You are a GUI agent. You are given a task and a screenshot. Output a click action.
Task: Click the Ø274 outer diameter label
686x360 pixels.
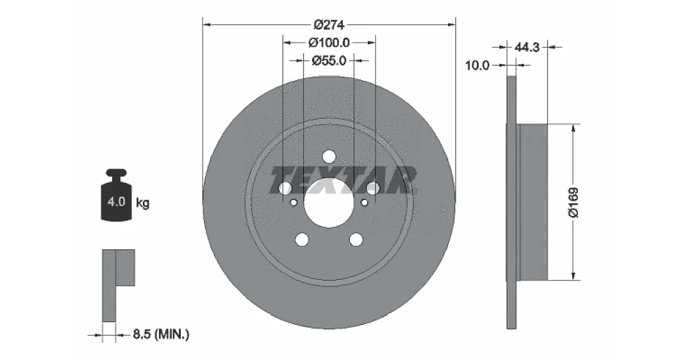tap(329, 25)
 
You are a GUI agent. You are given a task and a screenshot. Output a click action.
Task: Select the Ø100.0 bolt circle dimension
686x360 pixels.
tap(329, 42)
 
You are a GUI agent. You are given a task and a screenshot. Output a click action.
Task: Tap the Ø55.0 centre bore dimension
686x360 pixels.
tap(329, 61)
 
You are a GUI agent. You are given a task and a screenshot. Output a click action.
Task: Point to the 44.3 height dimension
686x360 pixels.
tap(527, 47)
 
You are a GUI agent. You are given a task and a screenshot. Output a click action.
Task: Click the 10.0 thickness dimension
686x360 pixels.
tap(477, 65)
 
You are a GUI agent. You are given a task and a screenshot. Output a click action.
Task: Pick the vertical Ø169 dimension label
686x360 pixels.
tap(573, 203)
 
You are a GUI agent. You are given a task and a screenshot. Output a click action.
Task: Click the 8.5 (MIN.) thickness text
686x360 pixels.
tap(161, 334)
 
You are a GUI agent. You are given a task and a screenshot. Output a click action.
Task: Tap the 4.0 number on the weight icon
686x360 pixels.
tap(117, 202)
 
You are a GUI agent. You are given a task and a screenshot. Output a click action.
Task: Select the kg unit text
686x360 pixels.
tap(143, 203)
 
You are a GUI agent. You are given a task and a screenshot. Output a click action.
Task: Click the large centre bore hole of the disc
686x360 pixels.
tap(329, 203)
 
